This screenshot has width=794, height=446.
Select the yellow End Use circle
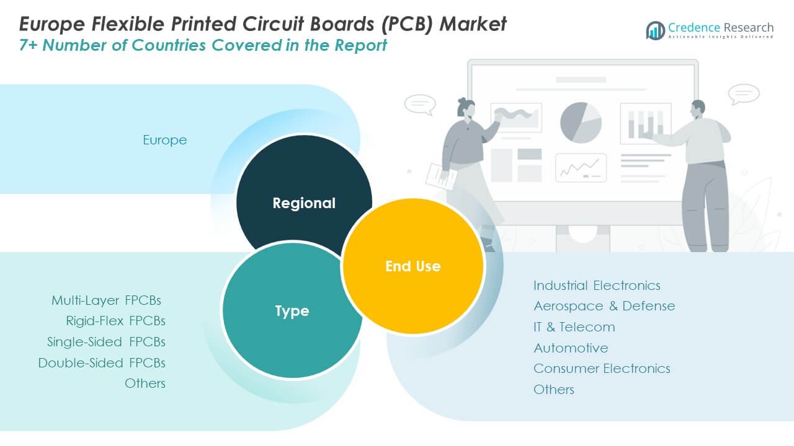413,266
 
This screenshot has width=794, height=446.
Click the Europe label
164,140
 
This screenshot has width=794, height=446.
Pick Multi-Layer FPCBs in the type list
106,300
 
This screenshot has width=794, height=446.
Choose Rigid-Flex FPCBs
115,321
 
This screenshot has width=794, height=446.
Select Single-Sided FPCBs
106,342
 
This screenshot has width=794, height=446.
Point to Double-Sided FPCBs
102,363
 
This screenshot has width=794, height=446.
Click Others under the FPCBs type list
145,383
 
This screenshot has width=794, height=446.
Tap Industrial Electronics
597,286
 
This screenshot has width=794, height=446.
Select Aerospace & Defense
604,306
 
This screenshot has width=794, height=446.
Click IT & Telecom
574,327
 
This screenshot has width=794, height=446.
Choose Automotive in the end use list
571,348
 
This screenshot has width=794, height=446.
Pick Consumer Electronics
602,369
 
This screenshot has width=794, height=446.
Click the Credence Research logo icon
655,30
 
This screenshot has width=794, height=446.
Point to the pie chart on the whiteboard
581,123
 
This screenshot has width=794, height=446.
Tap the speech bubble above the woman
419,103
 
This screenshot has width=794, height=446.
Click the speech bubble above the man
744,94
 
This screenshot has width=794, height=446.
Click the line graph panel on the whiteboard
581,167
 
